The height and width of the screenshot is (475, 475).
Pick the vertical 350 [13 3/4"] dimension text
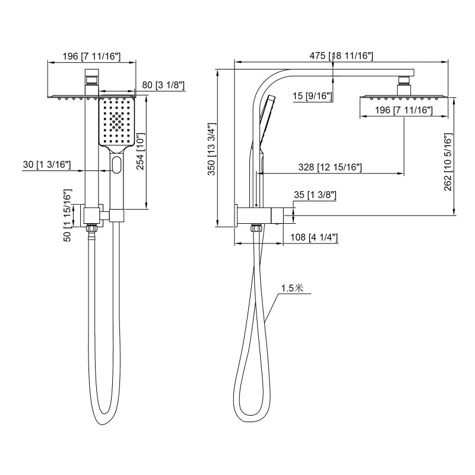click(211, 148)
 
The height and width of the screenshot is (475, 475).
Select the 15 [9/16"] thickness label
click(312, 96)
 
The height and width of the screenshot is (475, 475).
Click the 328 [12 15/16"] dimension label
click(331, 168)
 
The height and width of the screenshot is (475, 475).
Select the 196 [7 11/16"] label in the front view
click(91, 56)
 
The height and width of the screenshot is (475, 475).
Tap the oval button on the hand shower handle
click(117, 164)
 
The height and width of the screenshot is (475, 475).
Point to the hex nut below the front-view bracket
click(92, 227)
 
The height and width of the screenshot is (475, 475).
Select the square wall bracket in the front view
click(93, 214)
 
